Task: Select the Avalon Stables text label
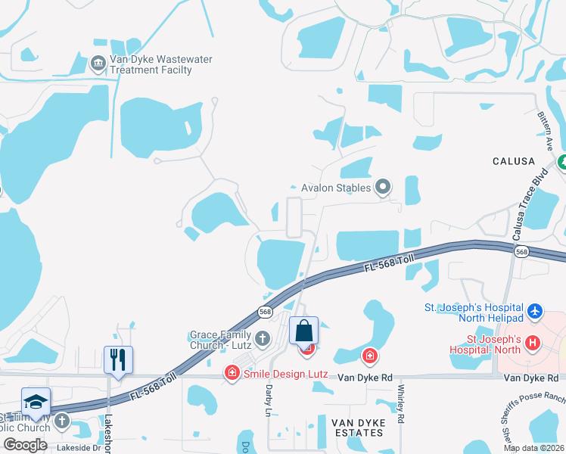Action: pyautogui.click(x=335, y=188)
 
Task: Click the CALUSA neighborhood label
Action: pyautogui.click(x=514, y=161)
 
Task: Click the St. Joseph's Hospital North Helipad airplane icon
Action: pyautogui.click(x=536, y=311)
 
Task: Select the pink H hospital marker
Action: pyautogui.click(x=533, y=342)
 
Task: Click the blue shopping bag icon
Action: pyautogui.click(x=303, y=331)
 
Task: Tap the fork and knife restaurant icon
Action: pyautogui.click(x=118, y=359)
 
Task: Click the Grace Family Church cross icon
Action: pyautogui.click(x=263, y=337)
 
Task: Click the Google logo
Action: pyautogui.click(x=25, y=445)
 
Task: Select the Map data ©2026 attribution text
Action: pyautogui.click(x=533, y=448)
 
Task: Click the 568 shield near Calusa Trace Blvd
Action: pyautogui.click(x=521, y=251)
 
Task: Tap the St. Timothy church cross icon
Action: pyautogui.click(x=61, y=418)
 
